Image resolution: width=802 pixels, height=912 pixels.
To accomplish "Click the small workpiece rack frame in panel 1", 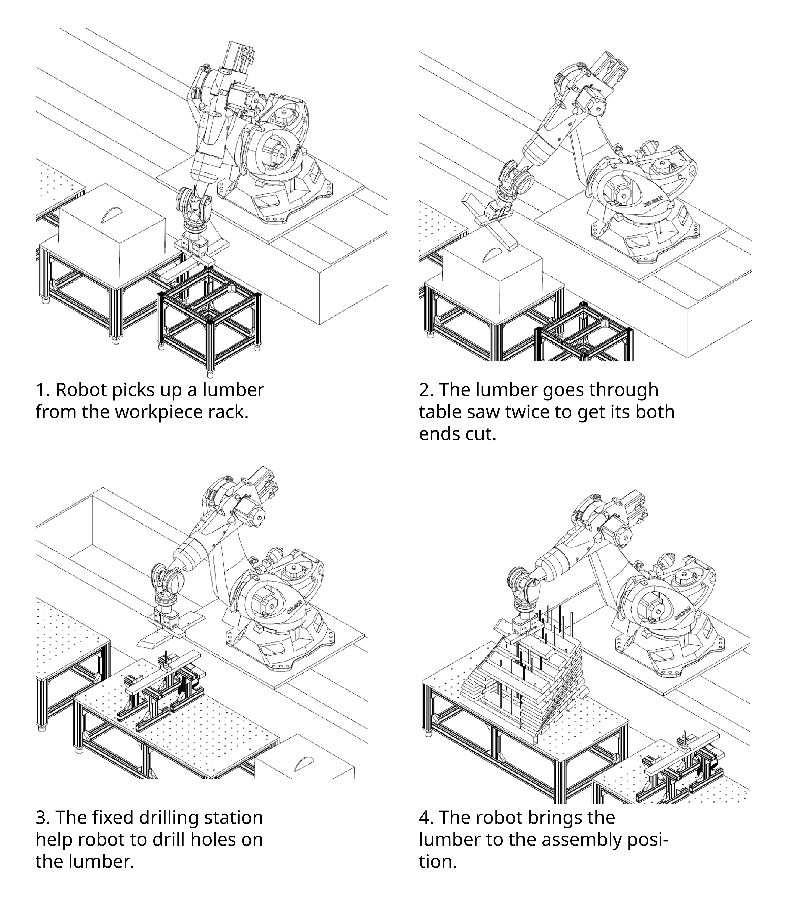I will click(x=209, y=312).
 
